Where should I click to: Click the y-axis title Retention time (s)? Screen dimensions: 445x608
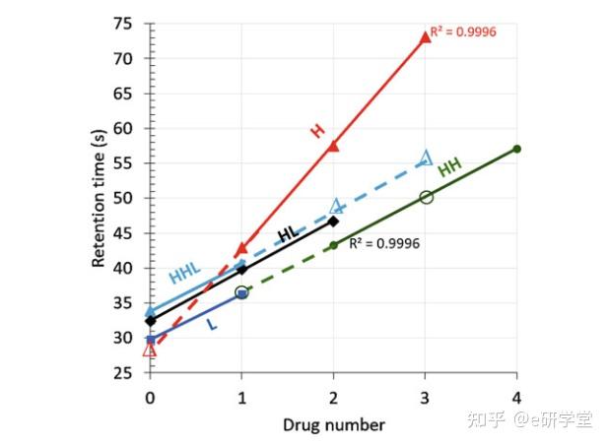point(100,197)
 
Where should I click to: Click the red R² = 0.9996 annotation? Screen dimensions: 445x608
point(463,32)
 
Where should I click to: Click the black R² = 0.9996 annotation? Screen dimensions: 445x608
point(384,241)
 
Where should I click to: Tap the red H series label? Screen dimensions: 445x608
point(317,130)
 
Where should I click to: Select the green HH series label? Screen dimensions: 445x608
point(449,167)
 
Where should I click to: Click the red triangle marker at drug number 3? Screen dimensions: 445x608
point(425,36)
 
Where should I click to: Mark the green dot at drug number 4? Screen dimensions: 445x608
point(517,149)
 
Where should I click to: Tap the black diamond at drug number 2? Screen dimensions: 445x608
point(333,222)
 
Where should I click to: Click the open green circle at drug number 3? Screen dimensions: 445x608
point(426,197)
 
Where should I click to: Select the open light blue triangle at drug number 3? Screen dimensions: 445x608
point(426,158)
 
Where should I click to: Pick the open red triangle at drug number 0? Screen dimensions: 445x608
point(149,349)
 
